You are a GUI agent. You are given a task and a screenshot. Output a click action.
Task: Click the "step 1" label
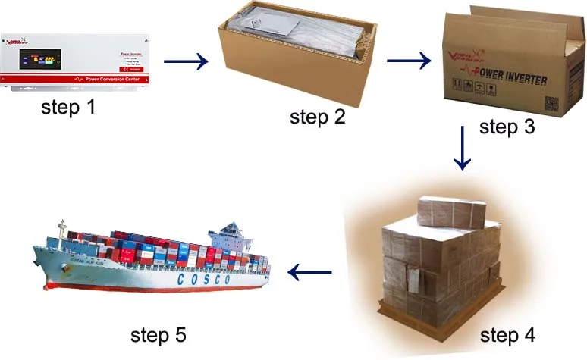click(68, 108)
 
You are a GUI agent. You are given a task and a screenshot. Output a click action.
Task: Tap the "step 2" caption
click(317, 117)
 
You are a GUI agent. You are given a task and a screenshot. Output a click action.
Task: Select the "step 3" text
click(507, 127)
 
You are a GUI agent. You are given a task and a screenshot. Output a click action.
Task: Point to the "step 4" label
click(507, 333)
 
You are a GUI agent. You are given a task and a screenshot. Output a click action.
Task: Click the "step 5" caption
click(158, 333)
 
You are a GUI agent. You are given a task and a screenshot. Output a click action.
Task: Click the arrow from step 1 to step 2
click(185, 61)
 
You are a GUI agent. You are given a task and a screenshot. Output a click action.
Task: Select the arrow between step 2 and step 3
click(409, 60)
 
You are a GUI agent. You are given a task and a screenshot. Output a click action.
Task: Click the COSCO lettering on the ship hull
click(203, 279)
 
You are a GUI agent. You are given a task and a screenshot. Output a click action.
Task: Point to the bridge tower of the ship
click(231, 234)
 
